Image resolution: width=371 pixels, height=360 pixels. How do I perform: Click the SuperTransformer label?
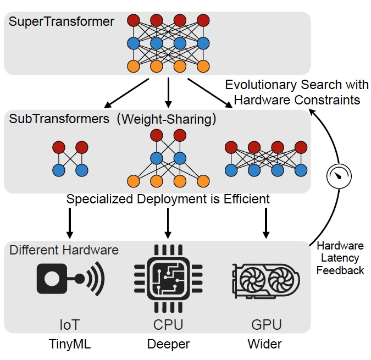(62, 23)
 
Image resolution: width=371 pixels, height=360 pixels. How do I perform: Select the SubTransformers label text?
(59, 119)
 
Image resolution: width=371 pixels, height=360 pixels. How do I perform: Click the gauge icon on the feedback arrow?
(338, 176)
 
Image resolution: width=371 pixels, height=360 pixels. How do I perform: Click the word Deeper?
(168, 345)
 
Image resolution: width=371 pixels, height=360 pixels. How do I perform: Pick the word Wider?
(265, 345)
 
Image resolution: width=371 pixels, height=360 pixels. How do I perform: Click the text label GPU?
(266, 325)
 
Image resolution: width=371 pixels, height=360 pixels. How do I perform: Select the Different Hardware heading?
(64, 250)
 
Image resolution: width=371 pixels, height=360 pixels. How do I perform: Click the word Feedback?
(340, 270)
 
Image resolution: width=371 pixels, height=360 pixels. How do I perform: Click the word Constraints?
(328, 100)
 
